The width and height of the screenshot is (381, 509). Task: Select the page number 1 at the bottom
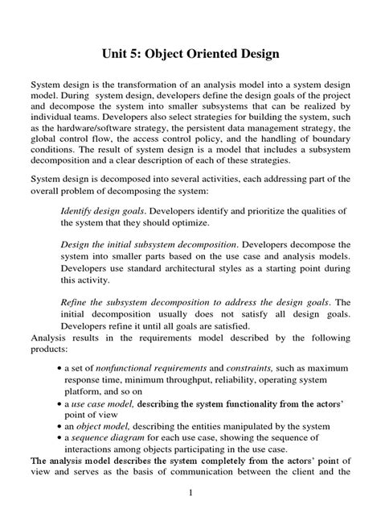click(x=190, y=494)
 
